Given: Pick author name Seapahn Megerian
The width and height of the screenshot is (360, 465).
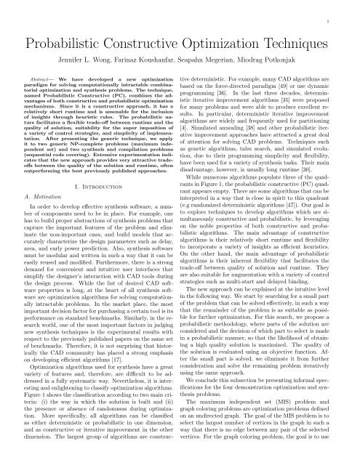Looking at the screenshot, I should click(x=215, y=53).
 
